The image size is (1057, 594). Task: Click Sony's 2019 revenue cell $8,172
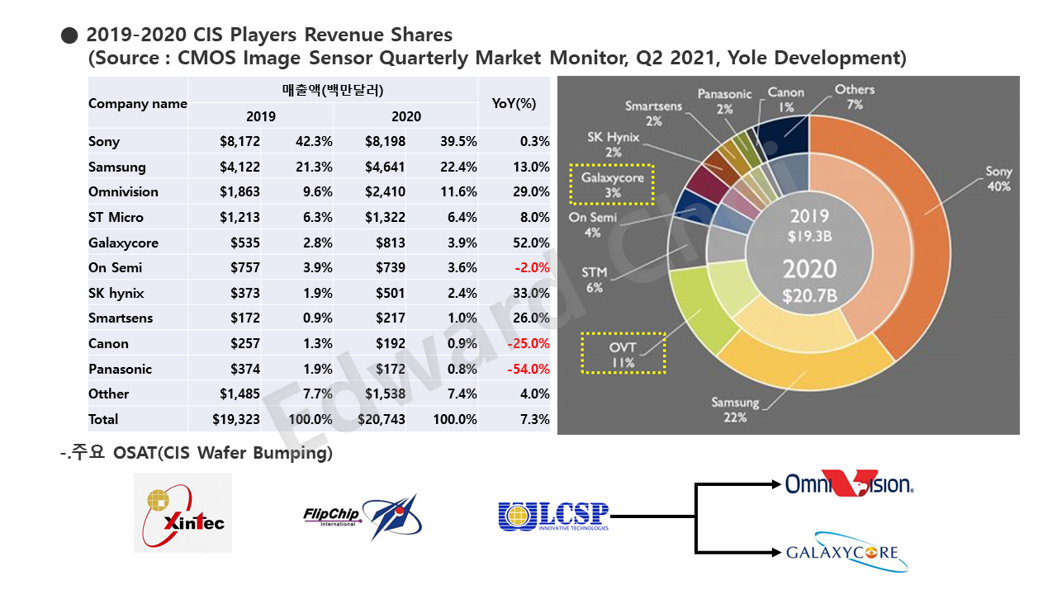[239, 141]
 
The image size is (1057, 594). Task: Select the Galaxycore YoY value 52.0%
[531, 243]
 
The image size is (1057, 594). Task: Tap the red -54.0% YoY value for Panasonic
[528, 369]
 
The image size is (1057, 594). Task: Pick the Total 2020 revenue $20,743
[382, 419]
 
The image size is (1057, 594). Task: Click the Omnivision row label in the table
[123, 192]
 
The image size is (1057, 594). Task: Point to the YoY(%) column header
[514, 103]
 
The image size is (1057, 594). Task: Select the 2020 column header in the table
[405, 116]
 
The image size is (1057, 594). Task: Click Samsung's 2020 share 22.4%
[458, 167]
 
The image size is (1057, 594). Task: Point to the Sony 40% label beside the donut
[999, 179]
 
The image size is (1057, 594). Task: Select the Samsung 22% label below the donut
[735, 410]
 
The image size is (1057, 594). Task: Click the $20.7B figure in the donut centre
[810, 295]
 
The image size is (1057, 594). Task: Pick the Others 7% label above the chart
[855, 97]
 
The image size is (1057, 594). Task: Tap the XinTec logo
[183, 513]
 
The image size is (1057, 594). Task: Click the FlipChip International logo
[363, 516]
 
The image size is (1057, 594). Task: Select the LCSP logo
[553, 516]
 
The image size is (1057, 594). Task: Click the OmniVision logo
[850, 483]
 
